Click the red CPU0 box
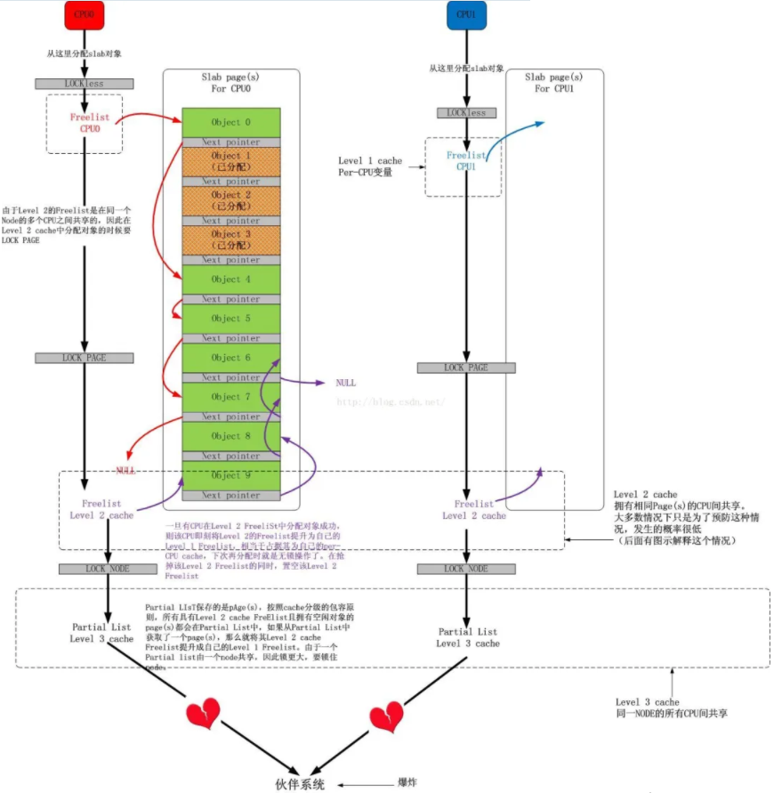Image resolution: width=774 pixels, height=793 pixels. click(83, 15)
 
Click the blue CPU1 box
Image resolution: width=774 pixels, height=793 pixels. click(467, 15)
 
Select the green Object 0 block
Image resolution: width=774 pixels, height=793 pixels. click(231, 122)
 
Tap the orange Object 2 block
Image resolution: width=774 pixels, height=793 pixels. click(231, 200)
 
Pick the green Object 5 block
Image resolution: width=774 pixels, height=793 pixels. click(231, 318)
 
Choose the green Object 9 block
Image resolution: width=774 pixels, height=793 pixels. click(231, 475)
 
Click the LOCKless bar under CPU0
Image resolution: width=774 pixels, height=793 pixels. click(83, 84)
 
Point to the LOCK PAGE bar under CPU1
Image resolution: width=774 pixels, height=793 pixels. click(467, 368)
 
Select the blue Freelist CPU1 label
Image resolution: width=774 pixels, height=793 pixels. click(467, 161)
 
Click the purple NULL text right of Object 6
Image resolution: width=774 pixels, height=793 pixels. click(345, 383)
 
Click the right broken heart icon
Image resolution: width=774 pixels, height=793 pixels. click(386, 716)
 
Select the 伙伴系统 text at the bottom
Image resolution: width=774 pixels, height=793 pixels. click(301, 783)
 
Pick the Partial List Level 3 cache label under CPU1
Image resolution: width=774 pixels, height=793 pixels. click(467, 637)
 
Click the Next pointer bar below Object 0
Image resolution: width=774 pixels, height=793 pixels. click(231, 142)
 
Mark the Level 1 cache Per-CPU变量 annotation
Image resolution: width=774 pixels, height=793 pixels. click(369, 166)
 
